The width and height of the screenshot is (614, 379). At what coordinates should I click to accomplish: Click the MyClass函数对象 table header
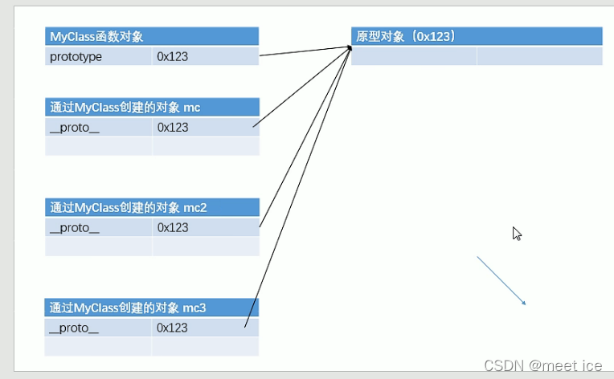tap(152, 36)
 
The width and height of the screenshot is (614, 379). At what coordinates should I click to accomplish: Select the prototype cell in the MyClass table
tap(99, 57)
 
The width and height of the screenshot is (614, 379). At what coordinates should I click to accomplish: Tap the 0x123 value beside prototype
tap(205, 57)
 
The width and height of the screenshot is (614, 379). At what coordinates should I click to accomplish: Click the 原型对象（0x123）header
tap(477, 36)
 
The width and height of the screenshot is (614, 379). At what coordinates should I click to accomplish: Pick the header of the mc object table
tap(152, 107)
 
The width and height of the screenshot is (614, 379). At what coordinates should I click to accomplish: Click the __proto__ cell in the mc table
tap(99, 127)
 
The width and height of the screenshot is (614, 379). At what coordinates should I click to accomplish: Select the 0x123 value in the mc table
tap(205, 127)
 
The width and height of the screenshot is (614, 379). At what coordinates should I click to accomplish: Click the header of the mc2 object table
tap(152, 207)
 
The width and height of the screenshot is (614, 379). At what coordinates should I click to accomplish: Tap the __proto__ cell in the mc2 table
tap(99, 227)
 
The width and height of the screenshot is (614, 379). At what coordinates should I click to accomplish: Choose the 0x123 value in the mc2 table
tap(205, 227)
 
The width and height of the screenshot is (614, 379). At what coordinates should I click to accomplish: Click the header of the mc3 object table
tap(152, 308)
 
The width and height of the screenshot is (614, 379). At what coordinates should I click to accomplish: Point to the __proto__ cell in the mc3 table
tap(99, 328)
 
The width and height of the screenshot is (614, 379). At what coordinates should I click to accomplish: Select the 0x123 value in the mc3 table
tap(205, 328)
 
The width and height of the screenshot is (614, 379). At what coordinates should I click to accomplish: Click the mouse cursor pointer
tap(517, 234)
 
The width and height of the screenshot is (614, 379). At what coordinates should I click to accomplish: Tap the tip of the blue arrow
tap(525, 304)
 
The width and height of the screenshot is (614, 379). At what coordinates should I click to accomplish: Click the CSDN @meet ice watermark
tap(542, 365)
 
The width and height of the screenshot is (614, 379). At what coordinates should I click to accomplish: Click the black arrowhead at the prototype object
tap(350, 47)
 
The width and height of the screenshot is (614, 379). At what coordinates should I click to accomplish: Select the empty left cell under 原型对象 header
tap(414, 56)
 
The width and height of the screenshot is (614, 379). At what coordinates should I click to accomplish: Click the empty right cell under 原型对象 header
tap(539, 56)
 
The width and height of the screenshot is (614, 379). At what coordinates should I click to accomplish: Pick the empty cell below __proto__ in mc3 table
tap(99, 346)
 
